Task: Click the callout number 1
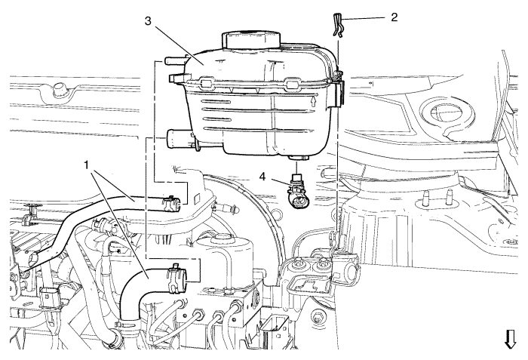point(87,165)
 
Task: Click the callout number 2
point(394,17)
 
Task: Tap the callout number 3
point(149,20)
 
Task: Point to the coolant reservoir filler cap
point(251,40)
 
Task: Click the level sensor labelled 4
point(296,191)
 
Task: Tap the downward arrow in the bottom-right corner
point(510,339)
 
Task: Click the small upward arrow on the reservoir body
point(314,101)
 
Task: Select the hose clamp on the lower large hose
point(176,277)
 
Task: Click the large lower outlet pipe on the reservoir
point(180,139)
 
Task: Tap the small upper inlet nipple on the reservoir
point(173,60)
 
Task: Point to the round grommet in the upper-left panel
point(60,88)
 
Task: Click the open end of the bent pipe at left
point(35,259)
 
